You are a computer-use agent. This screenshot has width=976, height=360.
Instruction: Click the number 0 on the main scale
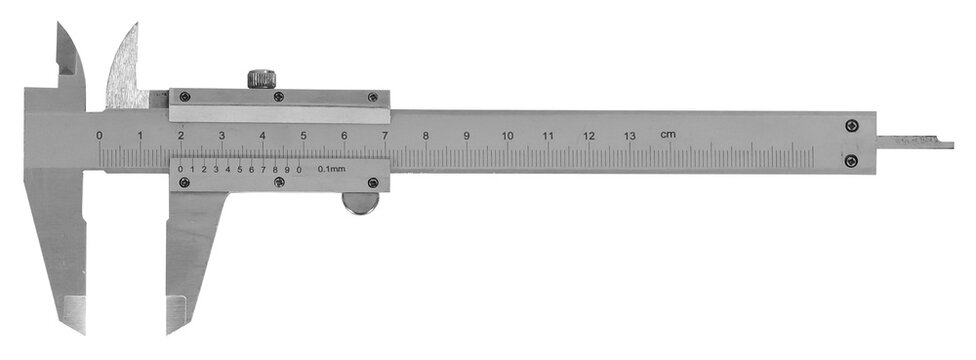tap(99, 135)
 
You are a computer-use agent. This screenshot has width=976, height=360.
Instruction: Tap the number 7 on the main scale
tap(385, 135)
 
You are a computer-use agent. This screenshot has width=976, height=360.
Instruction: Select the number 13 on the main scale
tap(630, 135)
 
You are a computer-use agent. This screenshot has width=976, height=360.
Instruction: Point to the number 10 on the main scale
tap(508, 135)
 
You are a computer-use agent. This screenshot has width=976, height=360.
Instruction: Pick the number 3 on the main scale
tap(221, 135)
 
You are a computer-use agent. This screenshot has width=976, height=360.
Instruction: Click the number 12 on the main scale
tap(589, 135)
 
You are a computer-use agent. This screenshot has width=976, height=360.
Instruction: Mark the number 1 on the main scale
tap(140, 135)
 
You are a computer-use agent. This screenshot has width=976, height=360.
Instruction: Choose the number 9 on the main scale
tap(466, 135)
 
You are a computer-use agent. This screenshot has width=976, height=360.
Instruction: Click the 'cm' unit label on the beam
tap(667, 134)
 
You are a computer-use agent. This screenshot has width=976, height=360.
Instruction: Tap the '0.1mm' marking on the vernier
tap(332, 169)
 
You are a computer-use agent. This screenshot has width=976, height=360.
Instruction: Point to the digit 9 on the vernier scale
tap(287, 169)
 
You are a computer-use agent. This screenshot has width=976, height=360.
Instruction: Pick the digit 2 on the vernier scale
tap(204, 169)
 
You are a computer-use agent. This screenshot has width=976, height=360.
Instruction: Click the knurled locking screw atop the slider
tap(261, 78)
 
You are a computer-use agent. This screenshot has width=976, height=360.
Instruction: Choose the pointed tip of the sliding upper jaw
tap(133, 25)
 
